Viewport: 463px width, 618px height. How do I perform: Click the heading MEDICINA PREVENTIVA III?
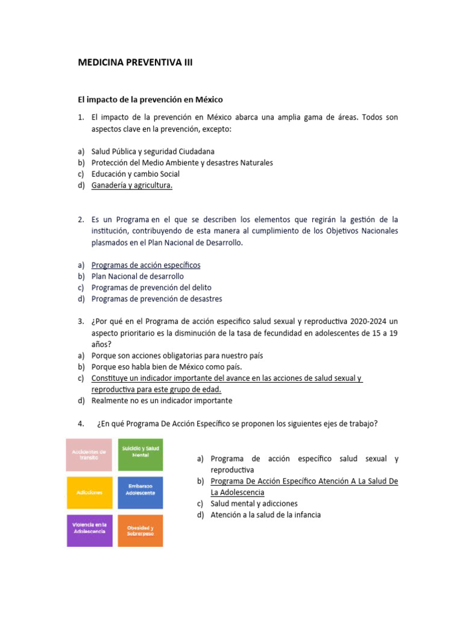tap(135, 62)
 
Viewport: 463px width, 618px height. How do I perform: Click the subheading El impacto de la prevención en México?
tap(151, 99)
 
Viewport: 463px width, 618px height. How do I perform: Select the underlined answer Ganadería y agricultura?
tap(132, 185)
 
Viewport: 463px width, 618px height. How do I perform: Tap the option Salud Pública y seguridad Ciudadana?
tap(153, 151)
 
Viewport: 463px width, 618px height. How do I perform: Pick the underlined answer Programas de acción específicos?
tap(146, 265)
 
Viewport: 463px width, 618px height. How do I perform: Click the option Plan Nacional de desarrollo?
tap(137, 276)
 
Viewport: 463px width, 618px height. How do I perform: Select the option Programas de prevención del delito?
tap(151, 287)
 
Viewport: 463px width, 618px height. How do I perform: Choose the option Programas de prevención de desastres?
tap(157, 299)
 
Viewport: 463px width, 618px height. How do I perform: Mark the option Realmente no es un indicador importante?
tap(162, 400)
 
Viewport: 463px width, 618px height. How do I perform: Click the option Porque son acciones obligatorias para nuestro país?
tap(177, 355)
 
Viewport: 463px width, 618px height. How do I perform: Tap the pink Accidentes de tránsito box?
tap(89, 454)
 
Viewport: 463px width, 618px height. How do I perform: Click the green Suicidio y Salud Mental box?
tap(140, 454)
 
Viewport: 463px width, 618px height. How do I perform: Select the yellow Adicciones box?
tap(89, 492)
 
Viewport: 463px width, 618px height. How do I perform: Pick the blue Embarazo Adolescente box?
tap(140, 492)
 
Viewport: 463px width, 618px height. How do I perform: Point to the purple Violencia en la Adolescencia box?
tap(89, 530)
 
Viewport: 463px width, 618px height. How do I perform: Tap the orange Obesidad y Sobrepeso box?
tap(140, 530)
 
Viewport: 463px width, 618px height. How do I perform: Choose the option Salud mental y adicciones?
tap(254, 503)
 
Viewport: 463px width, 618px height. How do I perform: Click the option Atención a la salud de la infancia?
tap(265, 515)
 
